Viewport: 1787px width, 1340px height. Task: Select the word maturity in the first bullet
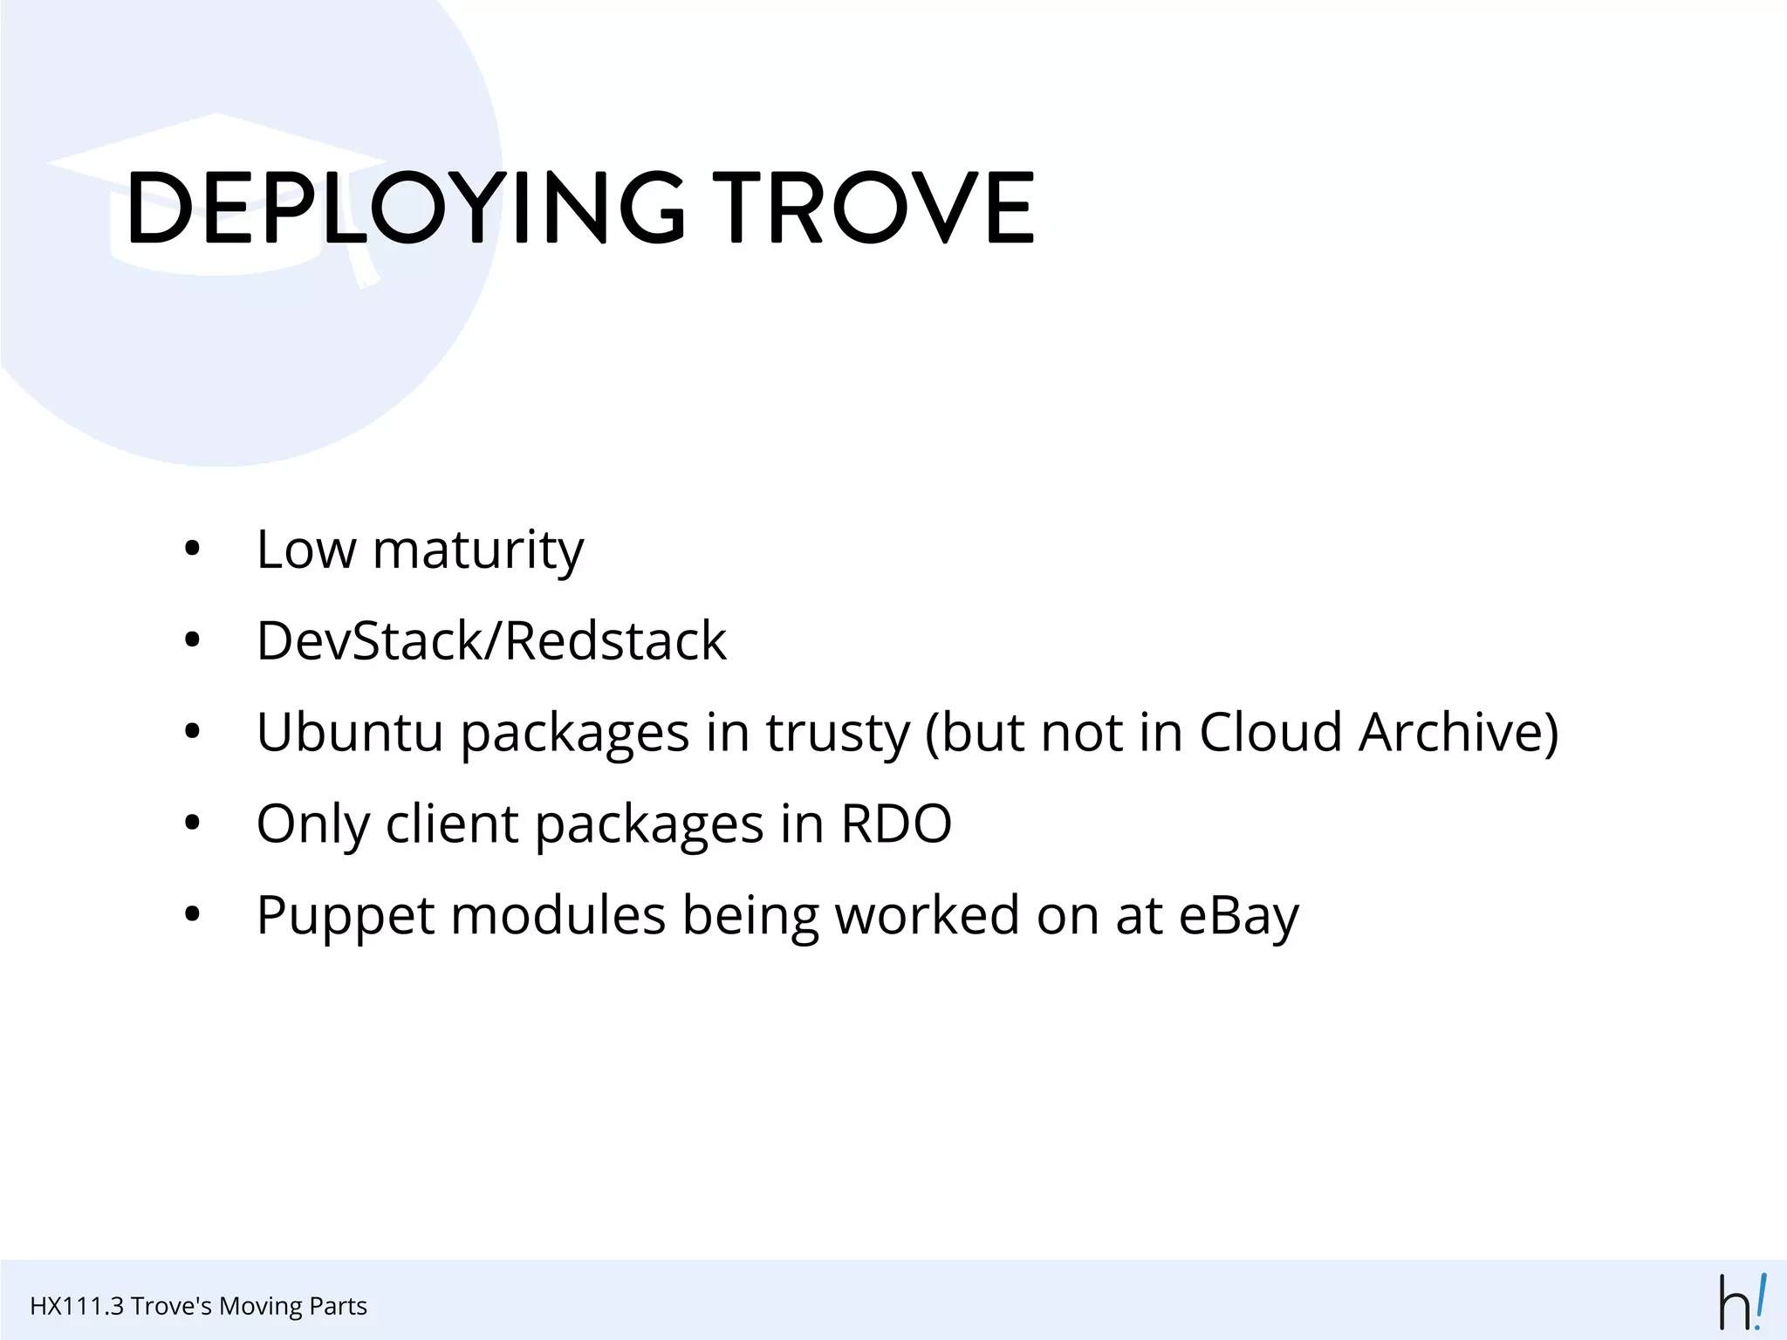tap(478, 551)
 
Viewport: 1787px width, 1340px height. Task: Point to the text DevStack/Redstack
tap(491, 641)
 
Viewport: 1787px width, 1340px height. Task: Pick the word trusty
tap(838, 734)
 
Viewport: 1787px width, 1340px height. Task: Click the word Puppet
tap(345, 916)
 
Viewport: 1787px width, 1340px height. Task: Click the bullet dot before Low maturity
tap(193, 551)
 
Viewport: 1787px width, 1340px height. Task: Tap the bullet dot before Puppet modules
tap(193, 916)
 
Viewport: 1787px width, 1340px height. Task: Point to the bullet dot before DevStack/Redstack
tap(193, 642)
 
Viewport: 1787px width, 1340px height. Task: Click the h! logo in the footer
tap(1742, 1302)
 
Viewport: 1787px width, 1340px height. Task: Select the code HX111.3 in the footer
tap(77, 1306)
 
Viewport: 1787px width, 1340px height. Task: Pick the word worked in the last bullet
tap(928, 916)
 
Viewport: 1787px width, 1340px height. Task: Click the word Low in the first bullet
tap(306, 551)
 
